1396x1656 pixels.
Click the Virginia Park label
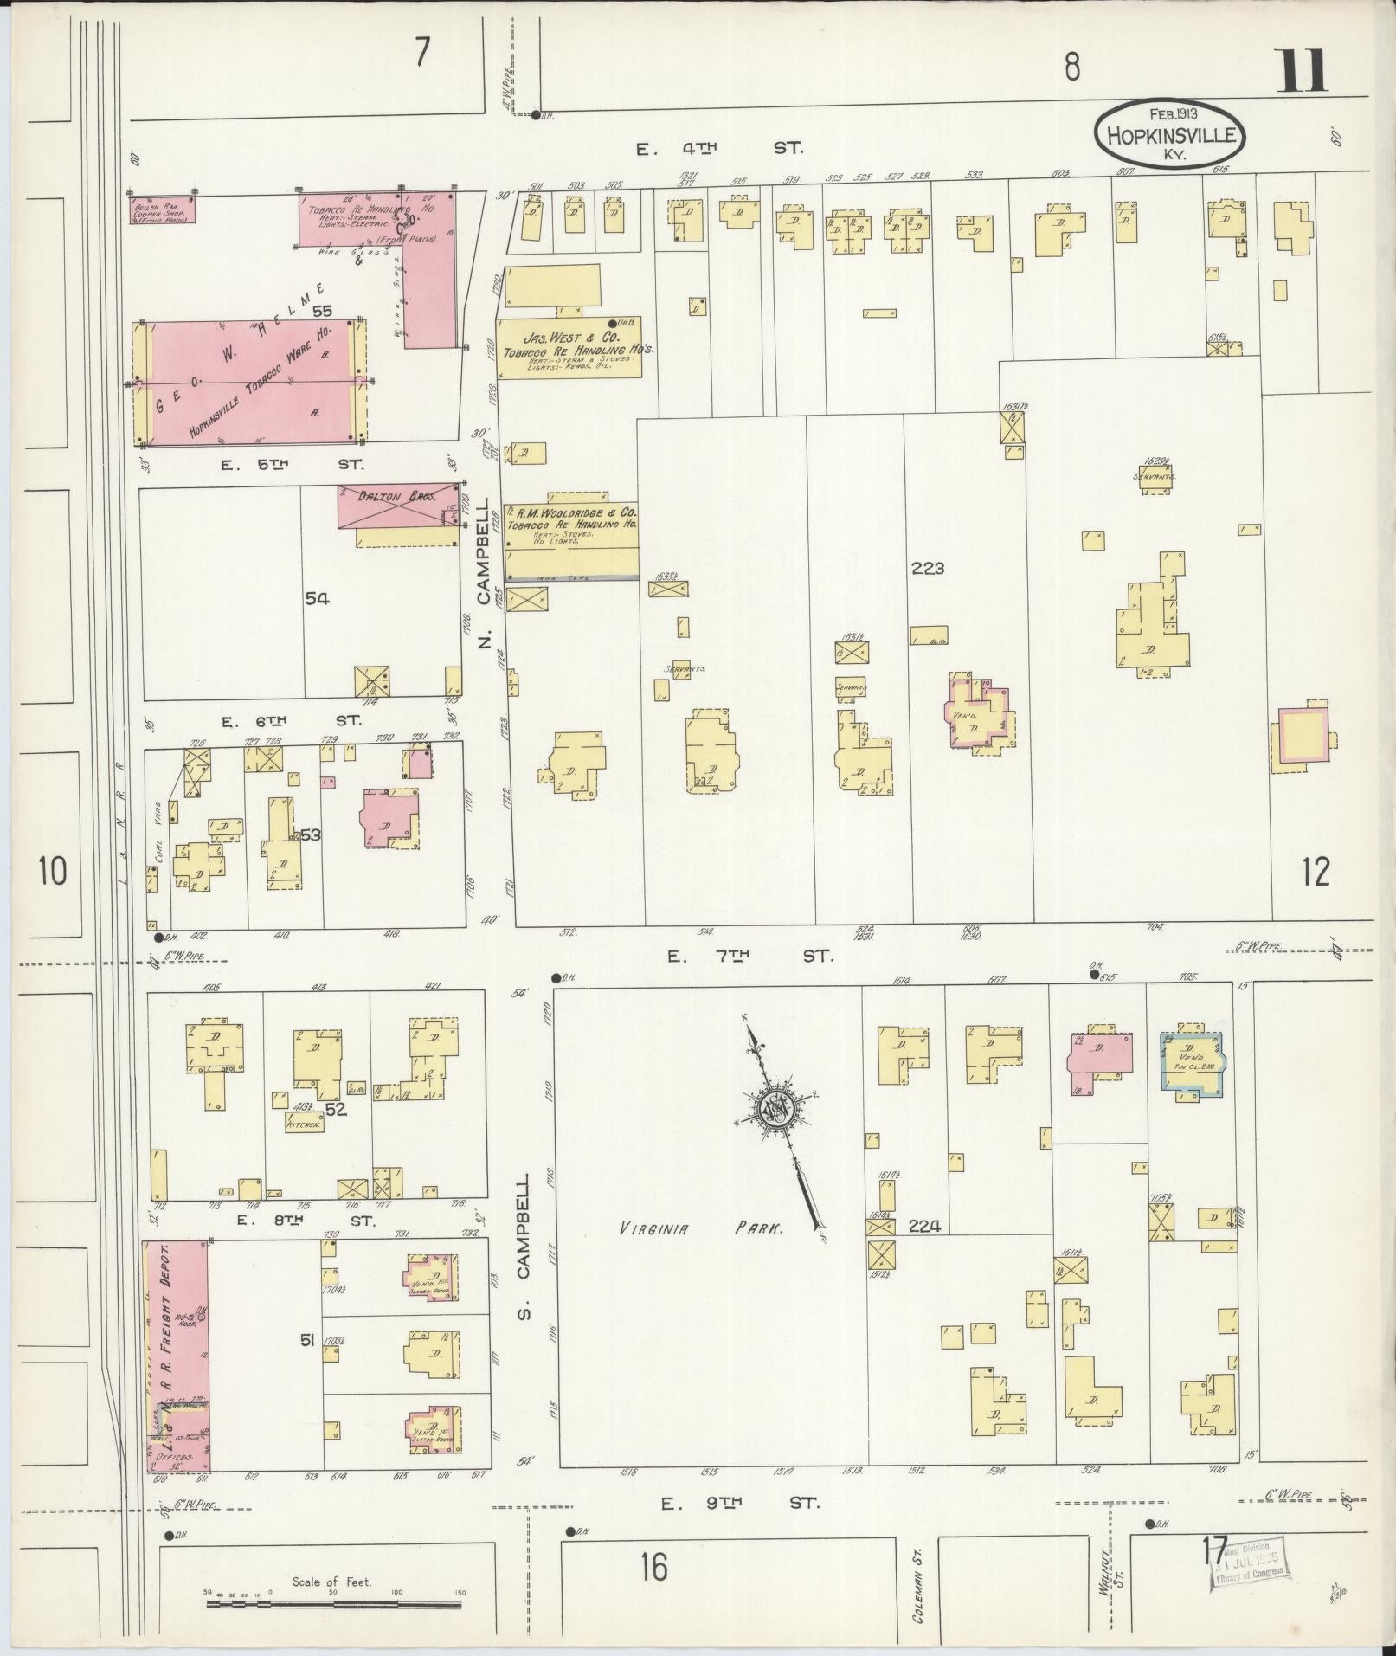coord(701,1228)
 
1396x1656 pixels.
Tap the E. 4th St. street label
coord(718,148)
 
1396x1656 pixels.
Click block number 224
coord(925,1226)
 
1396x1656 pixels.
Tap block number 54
coord(316,597)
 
